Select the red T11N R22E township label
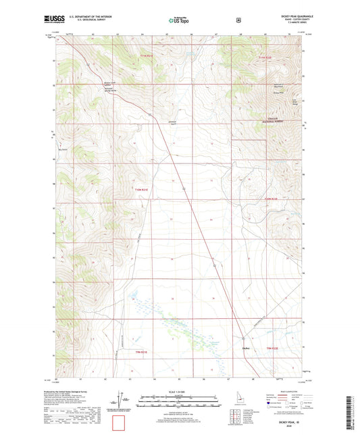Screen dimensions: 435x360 click(x=265, y=57)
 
